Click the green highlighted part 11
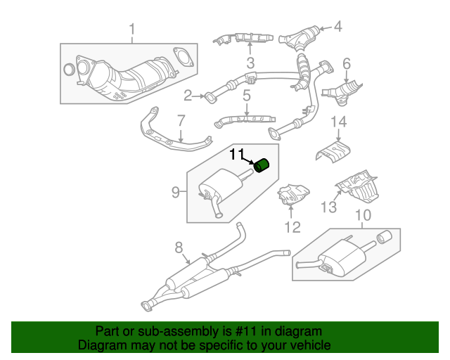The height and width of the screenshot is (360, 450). [262, 166]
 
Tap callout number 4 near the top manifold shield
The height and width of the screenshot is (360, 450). [337, 27]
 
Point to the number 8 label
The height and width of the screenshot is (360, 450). [179, 247]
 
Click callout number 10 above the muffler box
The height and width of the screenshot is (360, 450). [362, 215]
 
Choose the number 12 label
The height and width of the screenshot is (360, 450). [292, 226]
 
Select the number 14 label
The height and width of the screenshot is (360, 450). [339, 123]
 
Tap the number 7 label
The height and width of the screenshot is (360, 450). [181, 120]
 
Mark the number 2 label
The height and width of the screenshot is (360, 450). [188, 95]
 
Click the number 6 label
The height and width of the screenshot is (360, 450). [346, 64]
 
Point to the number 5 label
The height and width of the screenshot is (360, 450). [247, 94]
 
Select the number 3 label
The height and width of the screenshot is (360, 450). [250, 65]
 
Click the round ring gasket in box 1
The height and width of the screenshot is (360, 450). [69, 70]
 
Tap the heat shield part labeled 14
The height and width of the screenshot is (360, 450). [333, 150]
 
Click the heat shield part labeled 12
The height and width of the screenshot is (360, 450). [294, 195]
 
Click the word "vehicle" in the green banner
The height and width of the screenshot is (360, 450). [308, 345]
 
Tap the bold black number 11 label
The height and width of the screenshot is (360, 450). [237, 154]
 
